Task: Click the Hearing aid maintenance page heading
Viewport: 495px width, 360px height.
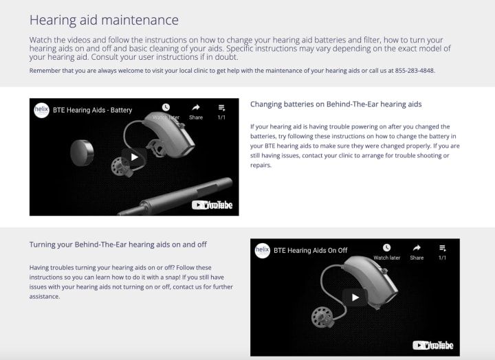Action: pos(104,20)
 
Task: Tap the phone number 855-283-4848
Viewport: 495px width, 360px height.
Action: pos(415,71)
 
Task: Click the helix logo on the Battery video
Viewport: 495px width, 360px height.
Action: pos(41,110)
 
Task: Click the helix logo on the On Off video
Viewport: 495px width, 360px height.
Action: pos(263,251)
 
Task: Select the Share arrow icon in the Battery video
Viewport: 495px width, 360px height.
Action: pos(196,108)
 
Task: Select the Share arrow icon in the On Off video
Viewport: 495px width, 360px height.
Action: pos(417,248)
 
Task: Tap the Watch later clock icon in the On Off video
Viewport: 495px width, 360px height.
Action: pos(386,248)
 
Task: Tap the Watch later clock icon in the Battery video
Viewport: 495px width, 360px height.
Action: pos(166,107)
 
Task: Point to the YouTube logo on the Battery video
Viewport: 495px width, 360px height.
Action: pos(212,205)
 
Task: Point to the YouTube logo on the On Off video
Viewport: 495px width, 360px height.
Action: pos(433,346)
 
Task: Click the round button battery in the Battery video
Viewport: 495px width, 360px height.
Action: pos(82,153)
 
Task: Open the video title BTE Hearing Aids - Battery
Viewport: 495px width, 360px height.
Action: pos(93,110)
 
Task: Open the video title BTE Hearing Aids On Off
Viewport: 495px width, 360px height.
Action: pos(310,251)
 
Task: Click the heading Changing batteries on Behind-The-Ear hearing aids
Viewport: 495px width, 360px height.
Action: pos(336,104)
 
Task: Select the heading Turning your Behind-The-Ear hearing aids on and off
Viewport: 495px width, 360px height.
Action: pos(118,245)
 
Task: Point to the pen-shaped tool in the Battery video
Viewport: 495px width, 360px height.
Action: pos(175,196)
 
